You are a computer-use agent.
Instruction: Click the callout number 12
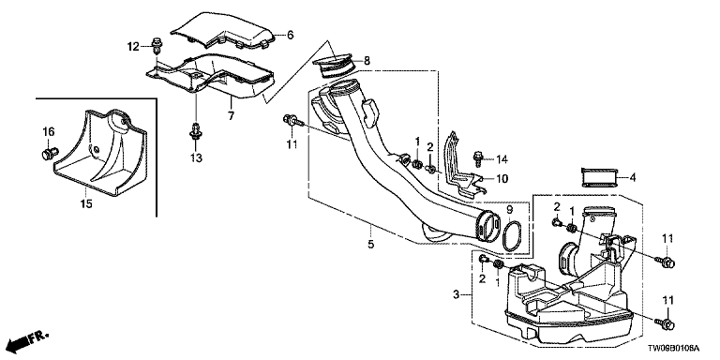pos(133,46)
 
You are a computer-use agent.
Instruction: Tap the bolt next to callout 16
pos(50,153)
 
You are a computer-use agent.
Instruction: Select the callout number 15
pos(86,203)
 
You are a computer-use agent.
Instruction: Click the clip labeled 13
pos(196,130)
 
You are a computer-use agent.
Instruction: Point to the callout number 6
pos(290,35)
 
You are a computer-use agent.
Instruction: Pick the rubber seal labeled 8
pos(334,67)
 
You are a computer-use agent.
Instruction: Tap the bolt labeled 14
pos(478,158)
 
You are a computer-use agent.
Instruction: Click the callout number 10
pos(502,178)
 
